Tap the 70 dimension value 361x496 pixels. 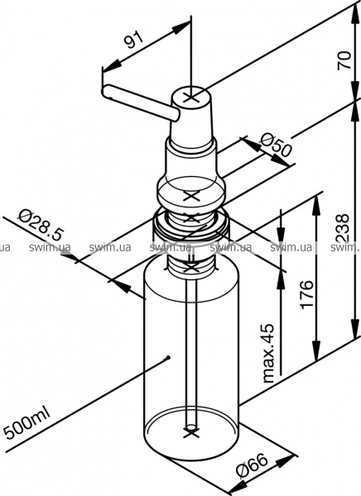click(344, 60)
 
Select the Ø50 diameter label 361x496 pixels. click(275, 145)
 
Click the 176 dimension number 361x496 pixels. click(307, 293)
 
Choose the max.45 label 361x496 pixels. click(268, 353)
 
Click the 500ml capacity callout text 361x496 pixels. click(27, 423)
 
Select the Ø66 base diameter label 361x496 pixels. click(253, 468)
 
